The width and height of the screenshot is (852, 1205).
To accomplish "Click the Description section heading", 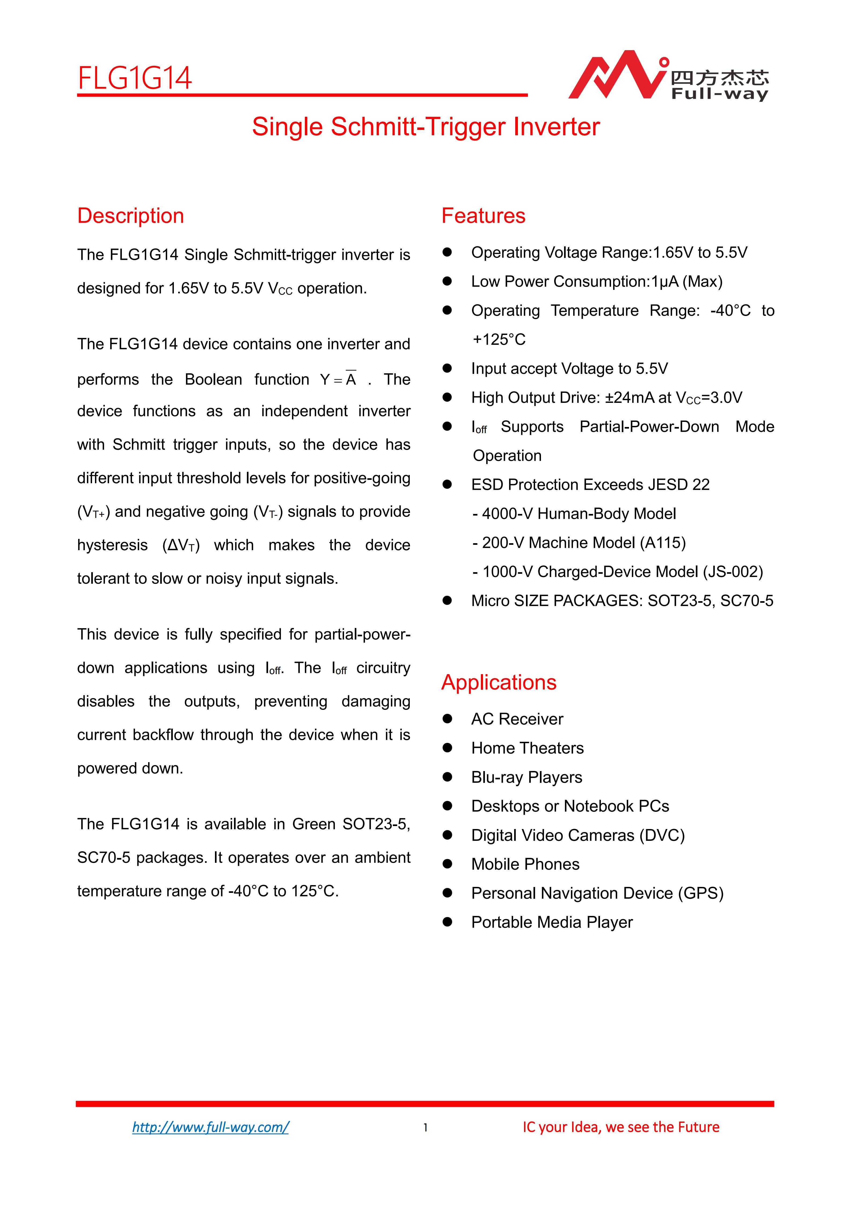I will click(x=131, y=216).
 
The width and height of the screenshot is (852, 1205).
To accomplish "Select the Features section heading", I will click(x=483, y=216).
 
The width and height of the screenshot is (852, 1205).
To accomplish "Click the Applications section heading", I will click(x=499, y=682).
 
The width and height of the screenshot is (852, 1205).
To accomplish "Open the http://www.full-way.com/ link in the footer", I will click(x=210, y=1127).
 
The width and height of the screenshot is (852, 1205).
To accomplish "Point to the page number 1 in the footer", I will click(x=426, y=1127).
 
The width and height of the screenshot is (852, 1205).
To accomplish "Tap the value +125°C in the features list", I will click(x=498, y=339).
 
